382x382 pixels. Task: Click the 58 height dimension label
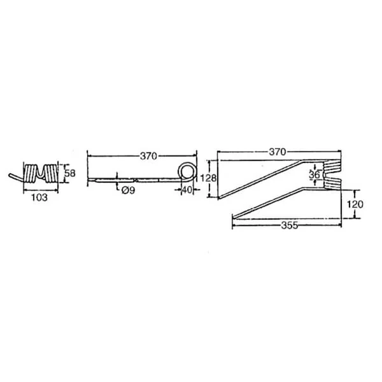(x=70, y=173)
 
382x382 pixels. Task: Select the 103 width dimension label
(x=39, y=197)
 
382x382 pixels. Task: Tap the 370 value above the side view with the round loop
(x=148, y=156)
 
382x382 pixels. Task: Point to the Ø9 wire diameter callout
(x=128, y=190)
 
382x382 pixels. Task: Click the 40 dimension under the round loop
(x=187, y=190)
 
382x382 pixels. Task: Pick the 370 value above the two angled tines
(x=278, y=152)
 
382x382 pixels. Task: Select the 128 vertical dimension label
(x=208, y=178)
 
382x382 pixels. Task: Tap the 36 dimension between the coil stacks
(x=315, y=174)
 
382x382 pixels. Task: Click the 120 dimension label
(x=355, y=204)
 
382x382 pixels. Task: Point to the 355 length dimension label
(x=290, y=225)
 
